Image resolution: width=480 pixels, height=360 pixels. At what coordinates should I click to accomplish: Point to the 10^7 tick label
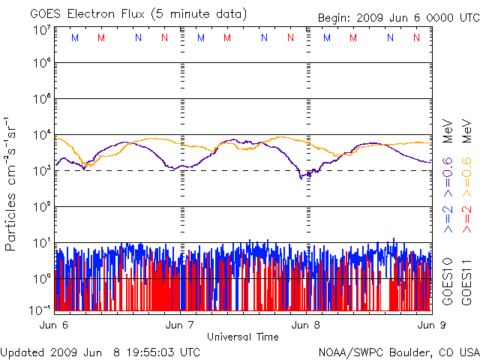point(41,30)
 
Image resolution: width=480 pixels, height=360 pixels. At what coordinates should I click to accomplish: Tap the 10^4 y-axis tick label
point(41,135)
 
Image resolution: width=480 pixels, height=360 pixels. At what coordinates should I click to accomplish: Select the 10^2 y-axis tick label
point(41,207)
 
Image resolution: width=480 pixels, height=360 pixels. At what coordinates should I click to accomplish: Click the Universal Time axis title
point(242,337)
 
